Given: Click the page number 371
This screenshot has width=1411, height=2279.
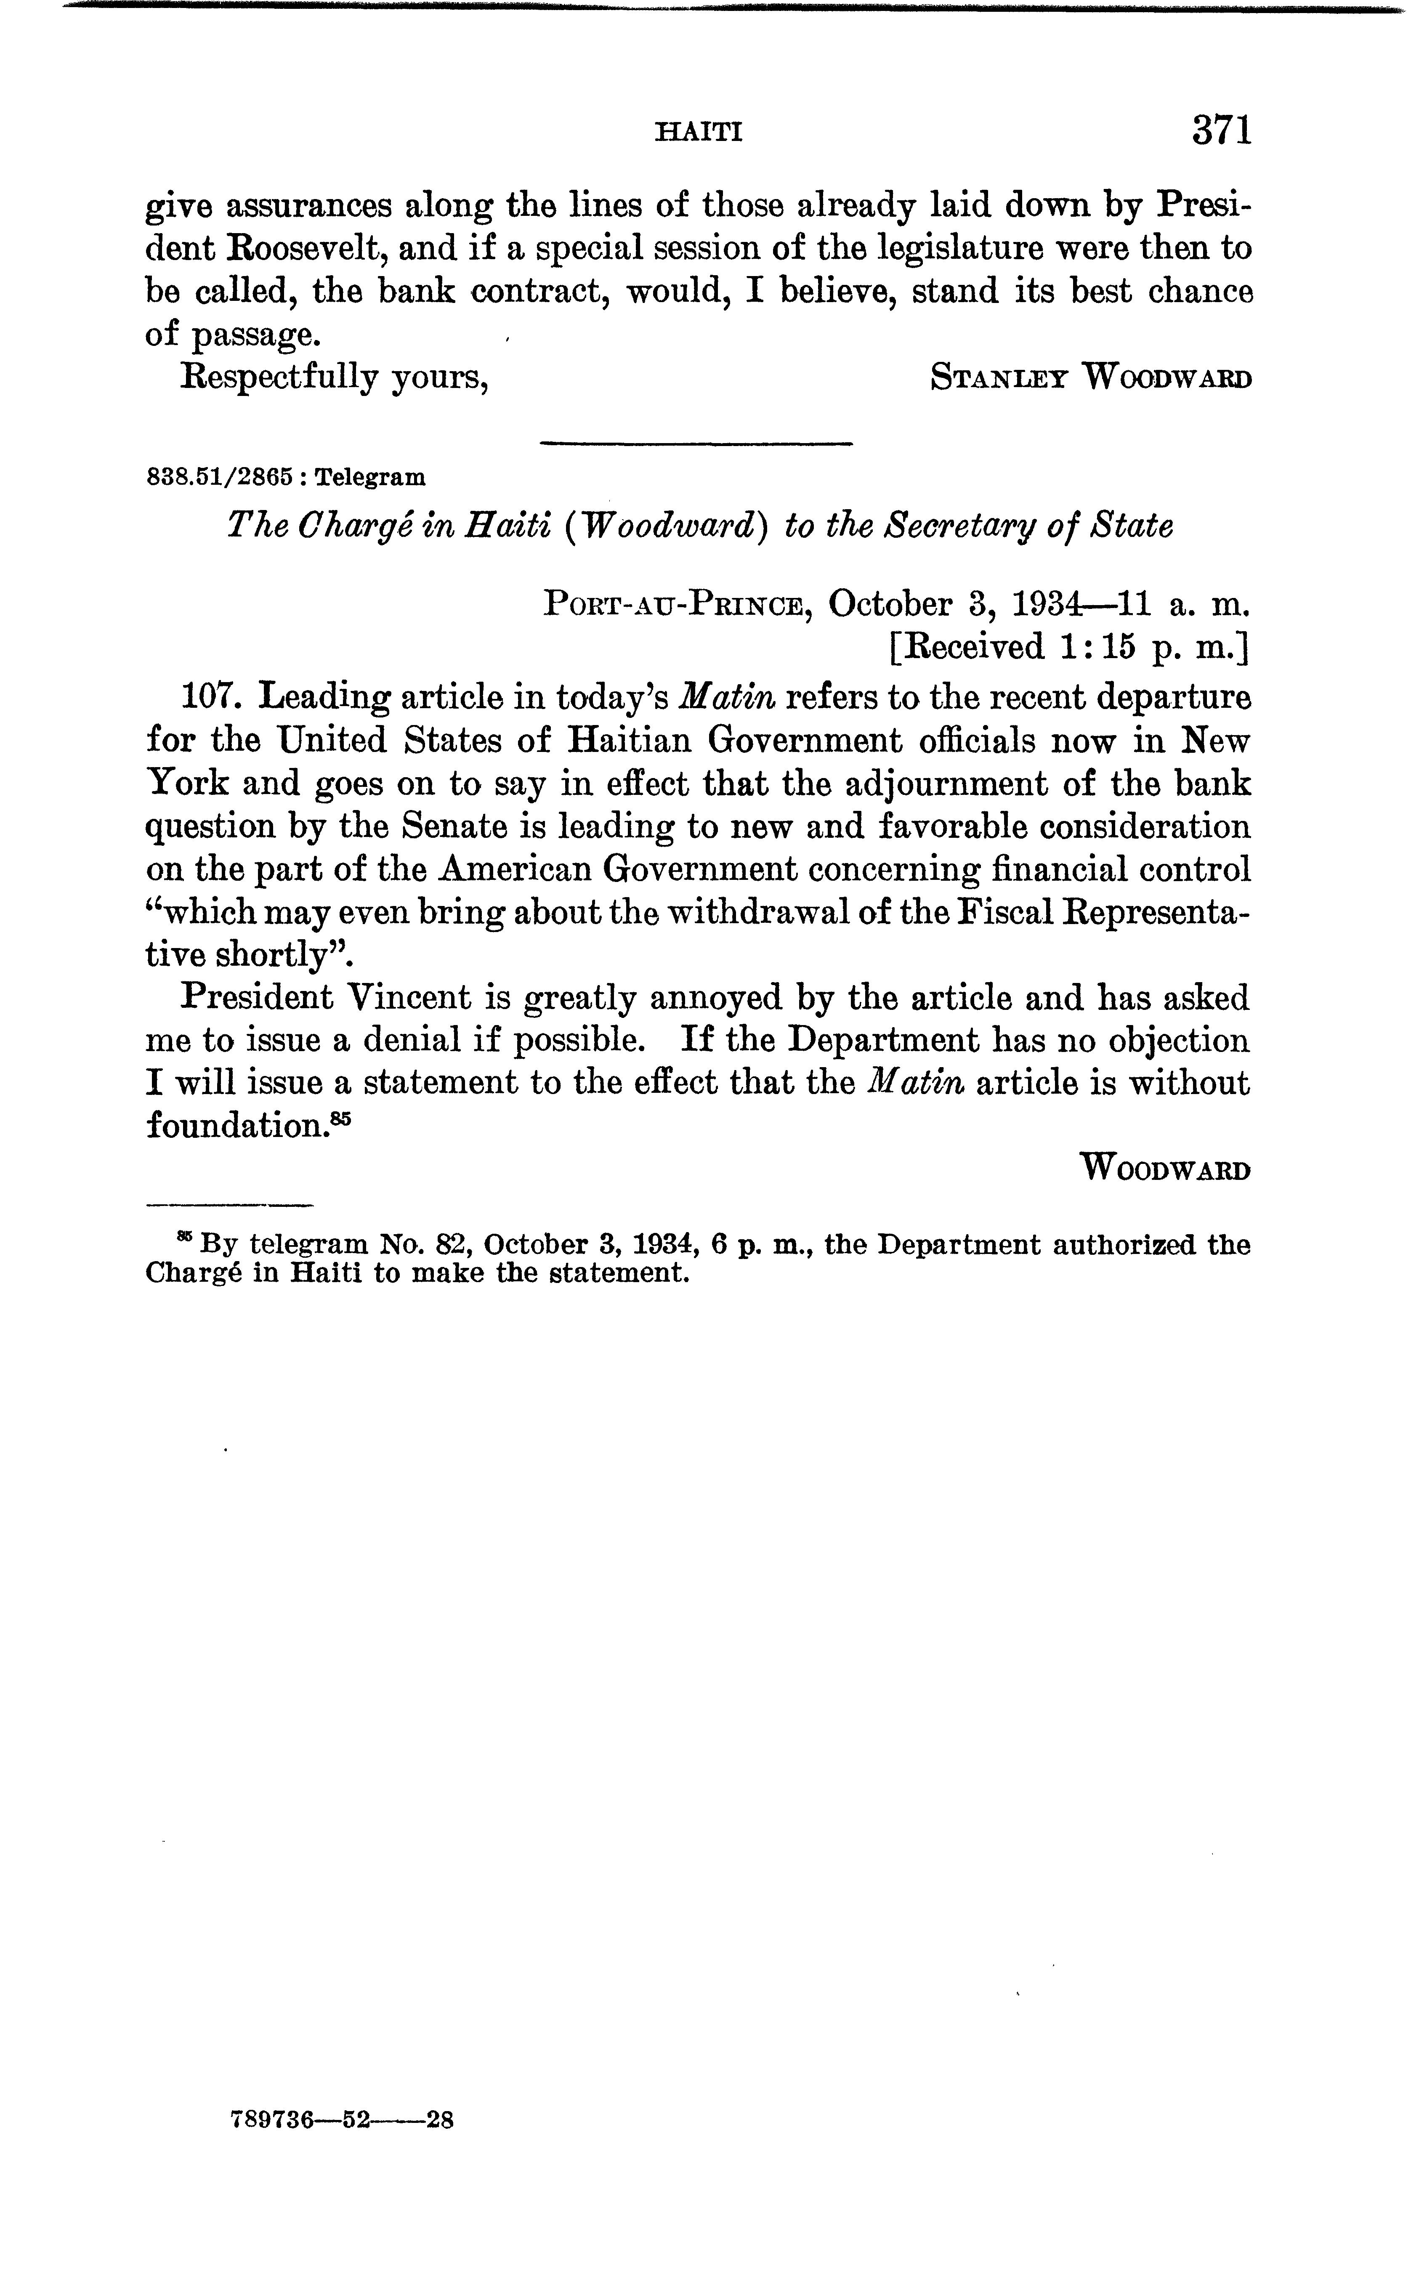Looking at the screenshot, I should (1221, 130).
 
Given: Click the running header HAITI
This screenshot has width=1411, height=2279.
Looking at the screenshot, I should (699, 133).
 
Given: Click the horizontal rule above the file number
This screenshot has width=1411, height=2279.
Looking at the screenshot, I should (697, 442).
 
